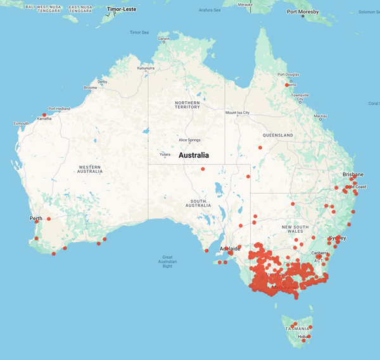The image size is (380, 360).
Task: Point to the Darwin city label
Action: coord(164,39)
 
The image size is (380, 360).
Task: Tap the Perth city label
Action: coord(35,219)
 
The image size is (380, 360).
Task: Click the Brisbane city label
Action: coord(353,174)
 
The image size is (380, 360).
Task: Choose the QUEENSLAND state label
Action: coord(279,135)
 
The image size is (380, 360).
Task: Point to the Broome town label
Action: coord(90,87)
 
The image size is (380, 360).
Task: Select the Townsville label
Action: coord(299,97)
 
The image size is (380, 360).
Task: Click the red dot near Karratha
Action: coord(44,115)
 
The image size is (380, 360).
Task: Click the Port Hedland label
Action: coord(60,108)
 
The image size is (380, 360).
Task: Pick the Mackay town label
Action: coord(320,116)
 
